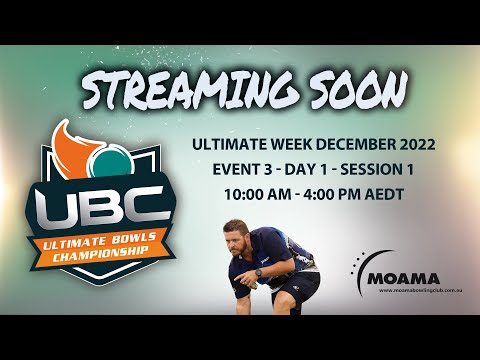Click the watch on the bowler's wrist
coord(258,271)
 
